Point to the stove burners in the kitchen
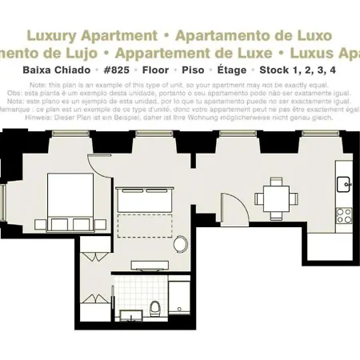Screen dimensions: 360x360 coord(345,214)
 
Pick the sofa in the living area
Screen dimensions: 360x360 coord(145,198)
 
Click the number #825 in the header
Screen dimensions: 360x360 coord(122,70)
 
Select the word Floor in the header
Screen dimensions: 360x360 coord(160,70)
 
